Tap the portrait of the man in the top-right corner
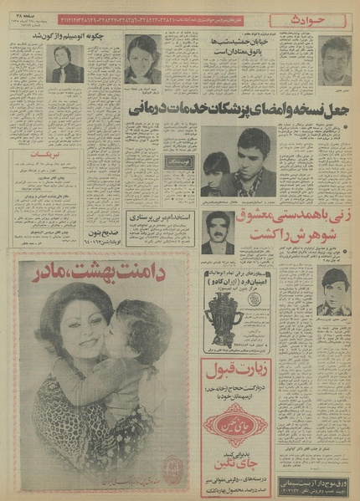tap(335, 53)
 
